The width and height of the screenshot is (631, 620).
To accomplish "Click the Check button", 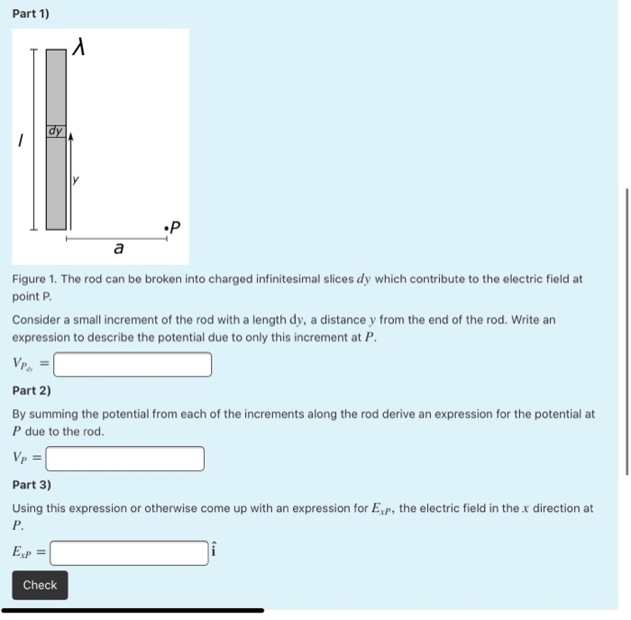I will coord(40,585).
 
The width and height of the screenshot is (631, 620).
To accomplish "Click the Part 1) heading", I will coord(31,14).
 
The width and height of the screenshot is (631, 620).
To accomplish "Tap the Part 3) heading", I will coord(32,485).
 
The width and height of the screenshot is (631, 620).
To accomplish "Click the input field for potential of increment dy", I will coord(133,364).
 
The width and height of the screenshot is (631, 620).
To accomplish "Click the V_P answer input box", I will coord(125,459).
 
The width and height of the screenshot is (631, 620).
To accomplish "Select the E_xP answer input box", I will coord(129,552).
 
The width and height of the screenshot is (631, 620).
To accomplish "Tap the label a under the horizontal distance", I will coord(119,247).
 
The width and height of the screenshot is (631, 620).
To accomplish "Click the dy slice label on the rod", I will coord(56,132).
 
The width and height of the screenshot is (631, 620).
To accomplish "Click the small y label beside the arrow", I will coord(77,180).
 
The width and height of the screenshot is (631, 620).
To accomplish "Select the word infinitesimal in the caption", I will coord(270,279).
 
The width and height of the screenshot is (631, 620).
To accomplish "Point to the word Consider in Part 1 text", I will coord(37,320).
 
